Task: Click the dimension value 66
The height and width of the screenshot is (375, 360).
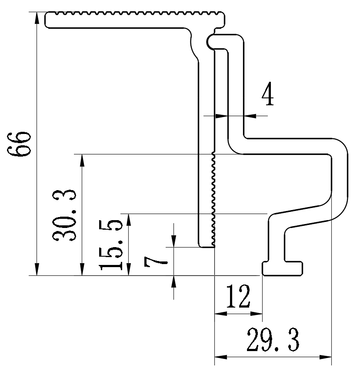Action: point(20,144)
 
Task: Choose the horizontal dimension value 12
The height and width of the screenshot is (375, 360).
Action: point(238,298)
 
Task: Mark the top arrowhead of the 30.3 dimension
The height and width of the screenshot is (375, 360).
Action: point(82,160)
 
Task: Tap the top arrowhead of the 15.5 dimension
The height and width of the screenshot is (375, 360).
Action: point(128,219)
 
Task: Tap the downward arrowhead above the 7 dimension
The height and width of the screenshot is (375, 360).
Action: point(174,241)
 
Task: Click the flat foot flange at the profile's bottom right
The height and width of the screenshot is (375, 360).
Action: point(283,268)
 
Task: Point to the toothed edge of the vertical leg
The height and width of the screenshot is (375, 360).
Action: point(213,200)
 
